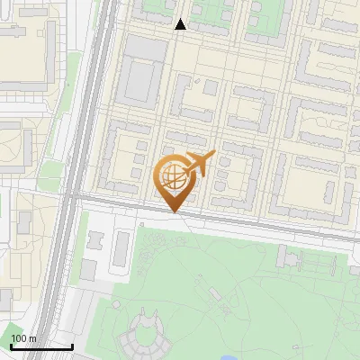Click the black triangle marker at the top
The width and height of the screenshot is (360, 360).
point(181,24)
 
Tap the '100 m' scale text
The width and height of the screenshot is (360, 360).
point(23,338)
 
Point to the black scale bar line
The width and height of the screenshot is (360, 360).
point(41,346)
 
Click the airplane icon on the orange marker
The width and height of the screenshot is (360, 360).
point(199,163)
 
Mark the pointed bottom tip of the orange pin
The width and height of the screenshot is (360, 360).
point(173,212)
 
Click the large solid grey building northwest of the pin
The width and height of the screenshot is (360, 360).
point(139,80)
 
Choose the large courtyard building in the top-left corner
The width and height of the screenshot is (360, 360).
point(22,45)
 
